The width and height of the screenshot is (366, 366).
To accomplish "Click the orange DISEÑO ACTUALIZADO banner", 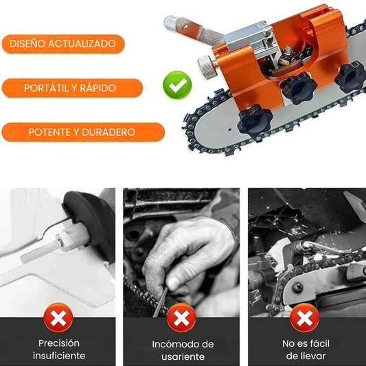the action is point(63,44).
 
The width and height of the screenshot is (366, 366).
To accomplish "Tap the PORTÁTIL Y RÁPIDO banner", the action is point(72,88).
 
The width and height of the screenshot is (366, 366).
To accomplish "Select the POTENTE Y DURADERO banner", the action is point(83,132).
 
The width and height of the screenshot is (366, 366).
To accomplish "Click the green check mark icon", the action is point(177,85).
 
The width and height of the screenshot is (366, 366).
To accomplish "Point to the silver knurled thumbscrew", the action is point(207,67).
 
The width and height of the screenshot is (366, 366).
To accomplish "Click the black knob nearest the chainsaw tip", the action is point(255,121).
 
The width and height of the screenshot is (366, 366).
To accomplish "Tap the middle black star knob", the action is point(299,88).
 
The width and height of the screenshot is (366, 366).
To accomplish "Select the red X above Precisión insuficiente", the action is point(58,318).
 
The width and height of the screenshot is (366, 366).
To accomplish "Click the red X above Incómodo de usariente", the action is point(181,318).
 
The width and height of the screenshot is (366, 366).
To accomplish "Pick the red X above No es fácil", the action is point(304,318).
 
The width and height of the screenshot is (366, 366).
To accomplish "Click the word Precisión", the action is point(59,343).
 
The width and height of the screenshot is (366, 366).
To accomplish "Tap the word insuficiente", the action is point(59,356).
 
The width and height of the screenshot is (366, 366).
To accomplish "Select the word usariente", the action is point(183,357).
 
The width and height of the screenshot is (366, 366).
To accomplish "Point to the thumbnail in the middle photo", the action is point(173,283).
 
